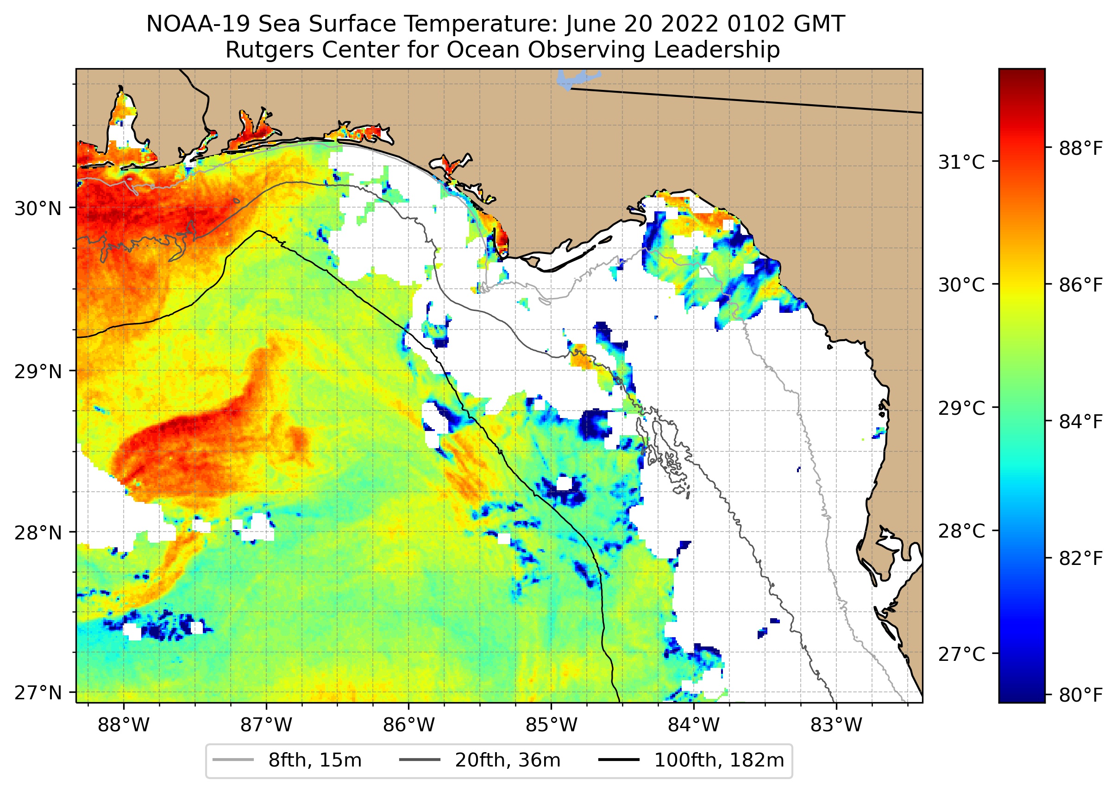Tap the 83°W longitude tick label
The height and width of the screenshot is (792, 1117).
836,725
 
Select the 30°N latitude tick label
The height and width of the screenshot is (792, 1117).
38,209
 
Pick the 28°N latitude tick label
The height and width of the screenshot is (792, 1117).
38,533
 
